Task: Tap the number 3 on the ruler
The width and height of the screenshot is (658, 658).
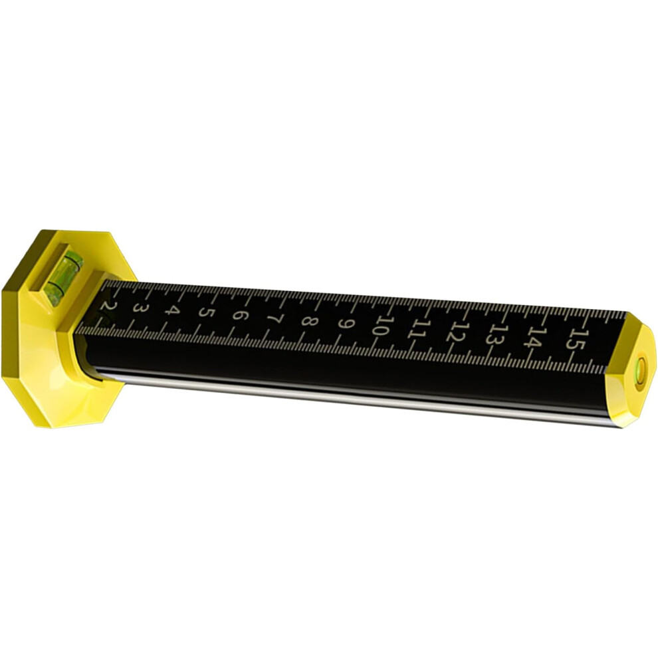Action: (140, 308)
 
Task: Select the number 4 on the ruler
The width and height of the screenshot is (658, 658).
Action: (172, 311)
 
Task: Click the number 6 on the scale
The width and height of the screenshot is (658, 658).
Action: (240, 316)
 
